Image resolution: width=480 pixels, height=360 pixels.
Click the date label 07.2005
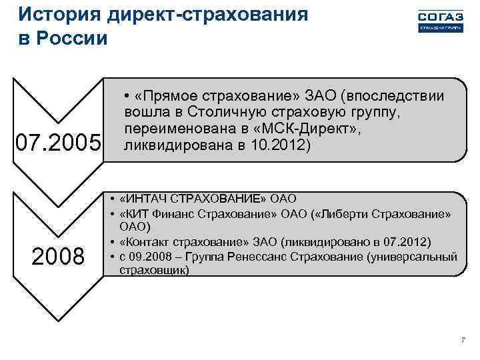click(57, 142)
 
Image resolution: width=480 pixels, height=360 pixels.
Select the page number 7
click(463, 341)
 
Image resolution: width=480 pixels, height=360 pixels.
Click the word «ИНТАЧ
click(145, 199)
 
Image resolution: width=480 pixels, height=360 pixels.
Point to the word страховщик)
click(154, 271)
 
